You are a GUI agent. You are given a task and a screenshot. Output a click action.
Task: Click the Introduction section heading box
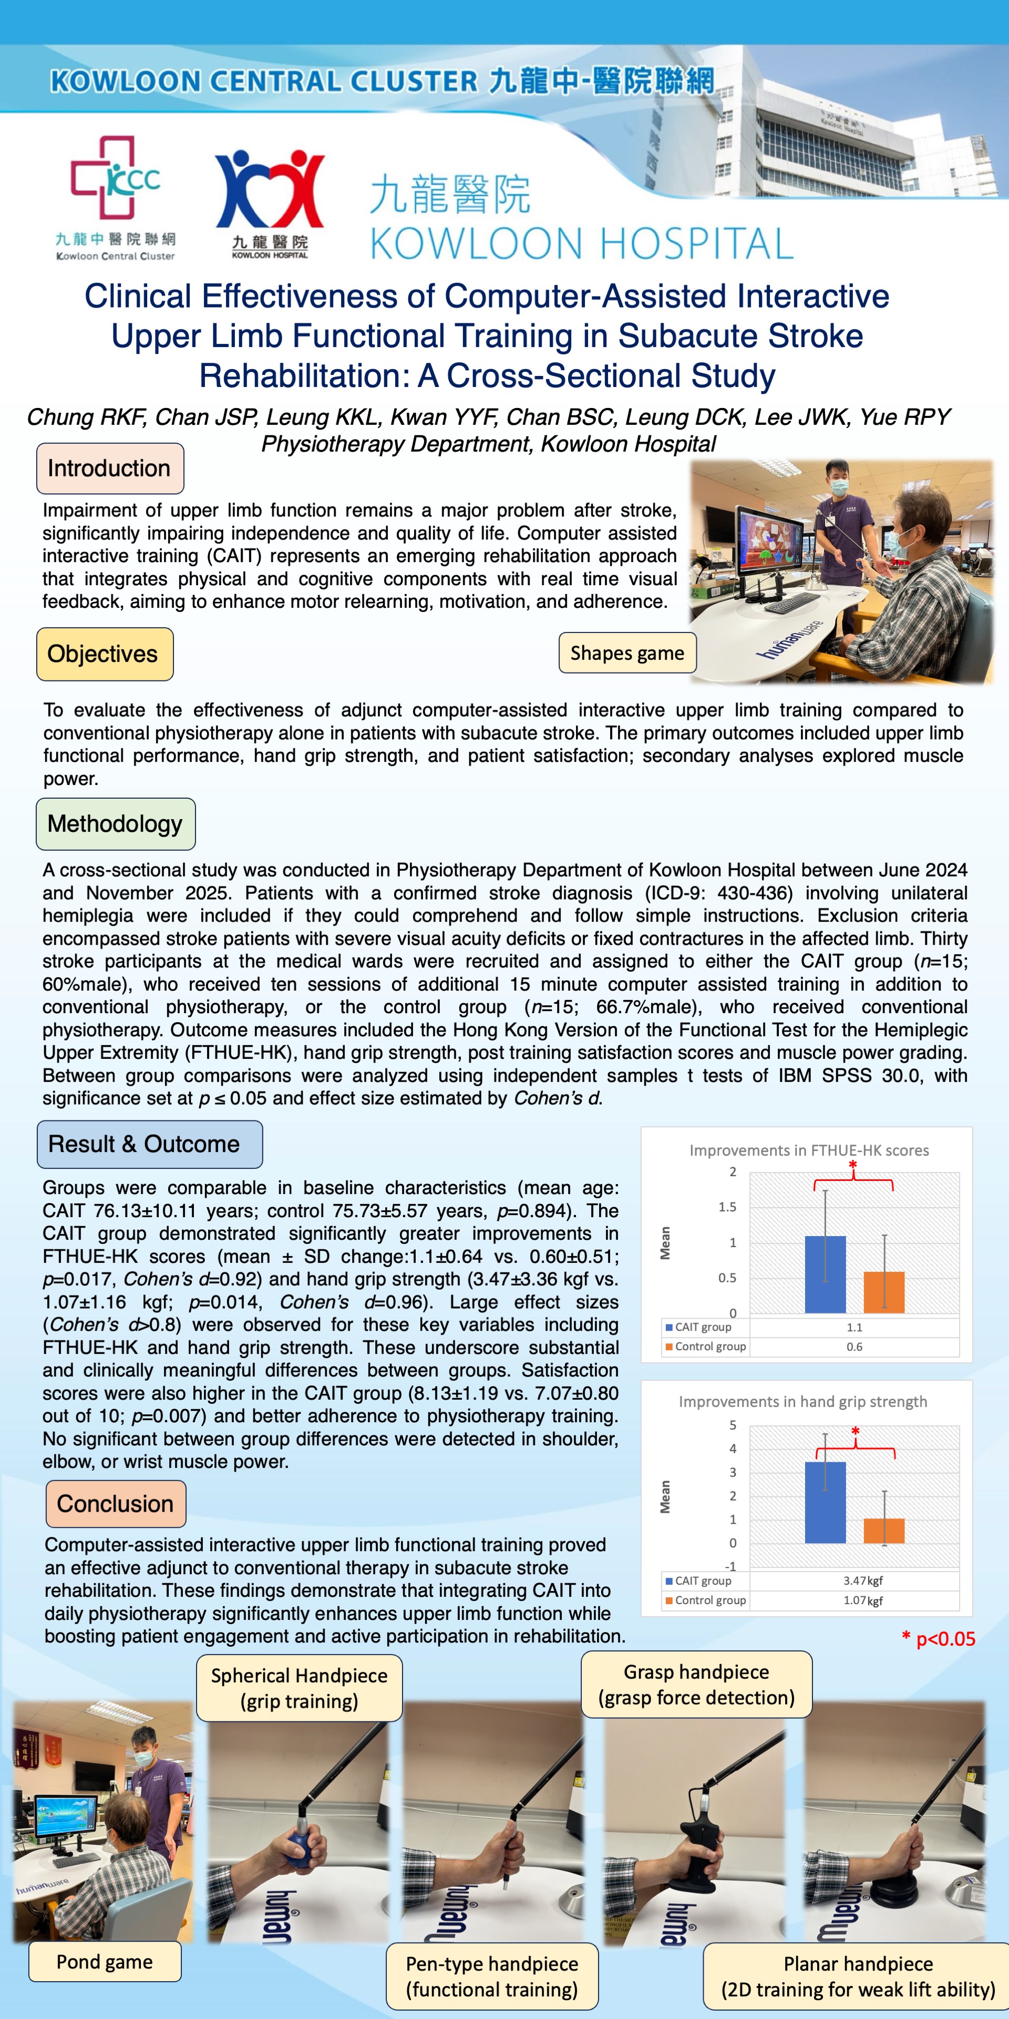coord(110,468)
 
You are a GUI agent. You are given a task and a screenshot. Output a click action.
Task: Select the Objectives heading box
coord(104,654)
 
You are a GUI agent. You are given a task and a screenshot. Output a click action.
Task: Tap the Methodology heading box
coord(115,824)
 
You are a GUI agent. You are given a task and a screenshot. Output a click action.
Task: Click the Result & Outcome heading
coord(149,1144)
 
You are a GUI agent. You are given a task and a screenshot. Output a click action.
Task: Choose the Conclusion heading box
coord(115,1503)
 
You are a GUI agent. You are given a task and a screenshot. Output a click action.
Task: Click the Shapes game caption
coord(627,653)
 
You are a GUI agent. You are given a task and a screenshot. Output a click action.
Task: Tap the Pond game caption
coord(104,1961)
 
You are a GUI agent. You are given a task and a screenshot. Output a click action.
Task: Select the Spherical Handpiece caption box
coord(298,1687)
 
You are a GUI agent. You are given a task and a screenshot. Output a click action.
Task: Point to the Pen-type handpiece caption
coord(491,1976)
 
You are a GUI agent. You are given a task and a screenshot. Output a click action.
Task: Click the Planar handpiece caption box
coord(858,1976)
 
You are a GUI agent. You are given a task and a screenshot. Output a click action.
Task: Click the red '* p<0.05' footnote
coord(939,1638)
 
